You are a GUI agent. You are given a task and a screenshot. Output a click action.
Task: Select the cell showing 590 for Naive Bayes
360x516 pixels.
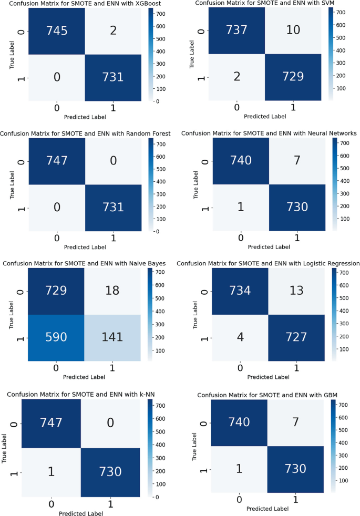click(x=56, y=337)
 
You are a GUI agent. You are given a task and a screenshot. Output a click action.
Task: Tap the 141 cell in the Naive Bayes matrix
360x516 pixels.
click(x=112, y=337)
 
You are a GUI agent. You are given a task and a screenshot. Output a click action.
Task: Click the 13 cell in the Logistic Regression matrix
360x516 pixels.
click(x=296, y=292)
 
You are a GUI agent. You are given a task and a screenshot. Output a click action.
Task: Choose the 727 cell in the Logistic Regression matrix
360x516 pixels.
click(x=296, y=336)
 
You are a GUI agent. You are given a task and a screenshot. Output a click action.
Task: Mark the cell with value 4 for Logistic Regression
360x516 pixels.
click(x=240, y=336)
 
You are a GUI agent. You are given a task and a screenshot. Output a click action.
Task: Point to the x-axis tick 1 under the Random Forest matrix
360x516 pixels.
click(x=112, y=238)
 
